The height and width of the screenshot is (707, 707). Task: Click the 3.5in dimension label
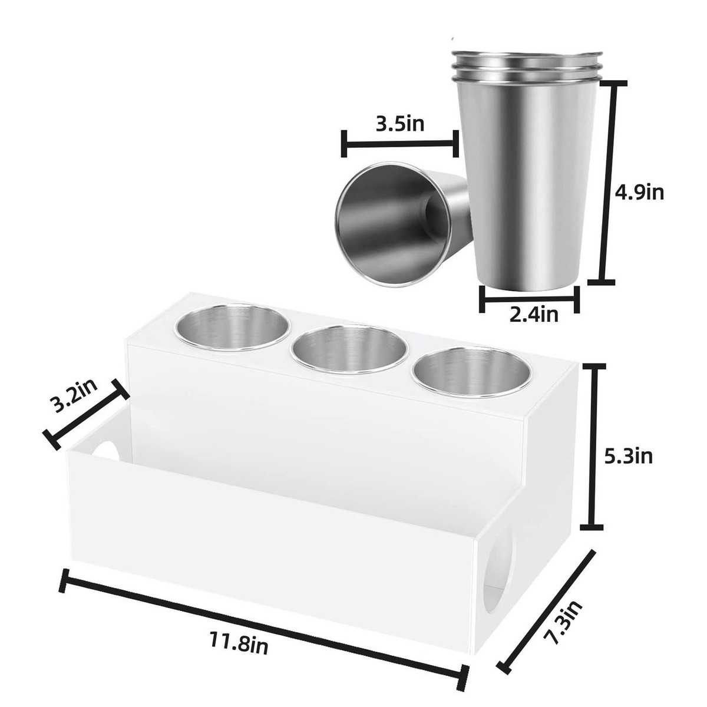(x=400, y=124)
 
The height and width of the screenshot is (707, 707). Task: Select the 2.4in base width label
(x=534, y=314)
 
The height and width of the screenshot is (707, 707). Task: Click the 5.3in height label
(x=629, y=457)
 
